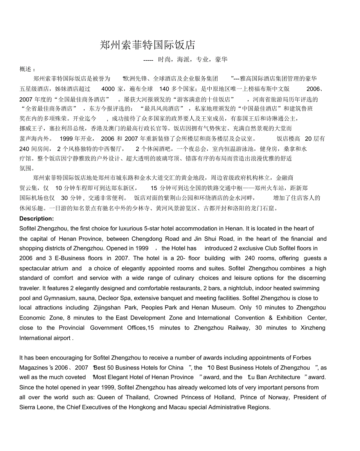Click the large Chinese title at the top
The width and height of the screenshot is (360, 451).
[x=148, y=45]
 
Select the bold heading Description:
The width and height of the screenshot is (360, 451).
[x=36, y=218]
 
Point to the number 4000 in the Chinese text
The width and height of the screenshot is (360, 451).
[x=108, y=89]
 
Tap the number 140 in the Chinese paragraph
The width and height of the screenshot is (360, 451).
[x=164, y=89]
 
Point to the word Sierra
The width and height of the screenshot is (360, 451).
[x=28, y=407]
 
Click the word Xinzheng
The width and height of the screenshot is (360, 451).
[x=311, y=328]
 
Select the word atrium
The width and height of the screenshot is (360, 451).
[x=60, y=268]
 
